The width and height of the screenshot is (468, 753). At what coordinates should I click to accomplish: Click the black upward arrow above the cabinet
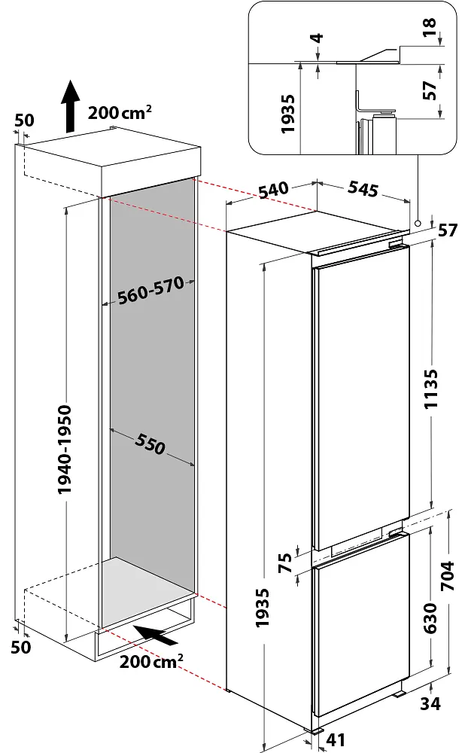71,105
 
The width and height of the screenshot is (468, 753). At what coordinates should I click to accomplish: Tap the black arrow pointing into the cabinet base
155,635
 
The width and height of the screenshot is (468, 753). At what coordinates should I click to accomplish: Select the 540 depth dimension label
274,190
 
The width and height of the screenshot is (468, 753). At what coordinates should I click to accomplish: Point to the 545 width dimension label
363,189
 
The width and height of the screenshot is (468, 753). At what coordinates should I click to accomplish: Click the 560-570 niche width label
150,290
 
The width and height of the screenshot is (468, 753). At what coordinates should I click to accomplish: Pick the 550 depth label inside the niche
150,444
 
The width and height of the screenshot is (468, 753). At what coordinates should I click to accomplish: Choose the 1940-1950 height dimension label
64,449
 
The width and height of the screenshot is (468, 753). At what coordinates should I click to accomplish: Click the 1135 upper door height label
430,389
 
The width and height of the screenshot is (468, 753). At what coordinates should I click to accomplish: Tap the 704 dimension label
447,576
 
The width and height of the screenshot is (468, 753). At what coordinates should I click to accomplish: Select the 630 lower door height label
430,618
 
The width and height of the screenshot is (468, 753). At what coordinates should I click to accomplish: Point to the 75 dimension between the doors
284,562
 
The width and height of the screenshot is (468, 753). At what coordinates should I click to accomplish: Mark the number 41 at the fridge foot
336,740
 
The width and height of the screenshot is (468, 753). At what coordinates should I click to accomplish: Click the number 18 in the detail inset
430,27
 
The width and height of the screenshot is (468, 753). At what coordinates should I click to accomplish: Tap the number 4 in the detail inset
318,38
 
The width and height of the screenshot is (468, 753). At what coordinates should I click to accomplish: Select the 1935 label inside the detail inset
287,114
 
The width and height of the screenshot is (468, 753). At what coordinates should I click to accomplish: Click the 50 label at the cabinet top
24,120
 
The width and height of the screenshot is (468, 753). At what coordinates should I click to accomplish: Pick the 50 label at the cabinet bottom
21,647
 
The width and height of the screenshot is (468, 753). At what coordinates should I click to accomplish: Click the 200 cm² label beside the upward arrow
120,112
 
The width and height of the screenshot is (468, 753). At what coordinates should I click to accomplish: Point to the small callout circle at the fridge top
418,224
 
